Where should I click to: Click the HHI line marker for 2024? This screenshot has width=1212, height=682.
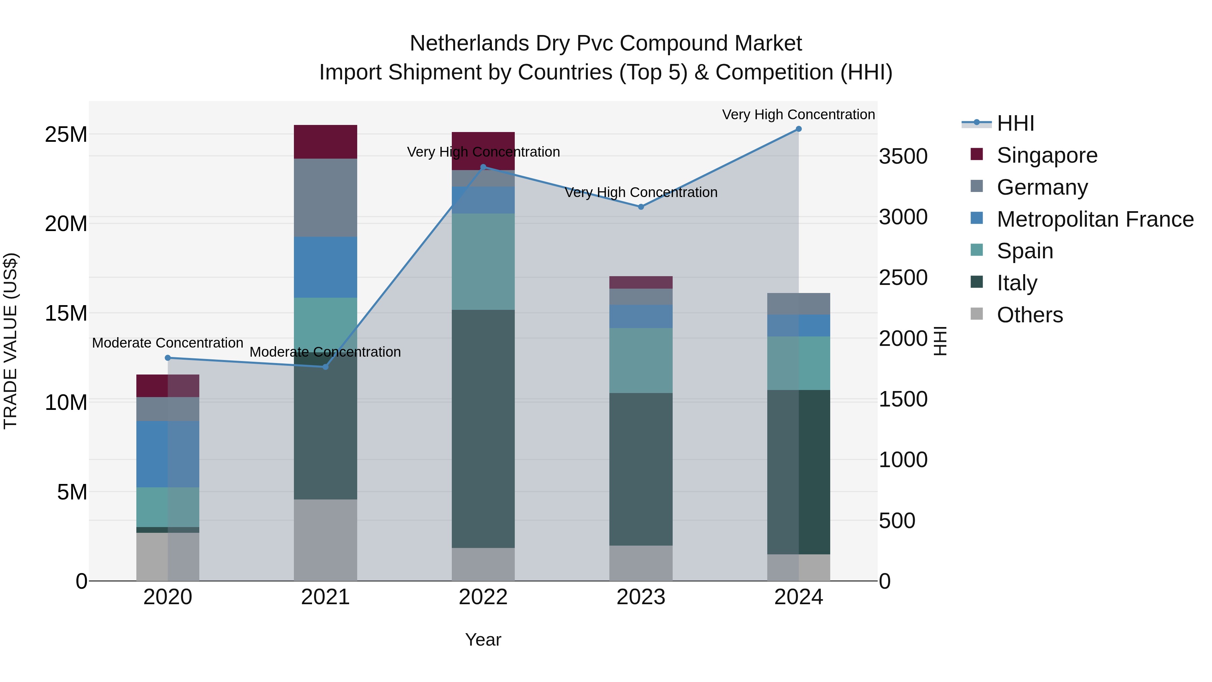tap(799, 129)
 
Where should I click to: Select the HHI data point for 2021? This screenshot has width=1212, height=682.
tap(325, 367)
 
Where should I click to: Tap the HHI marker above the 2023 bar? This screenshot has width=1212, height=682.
tap(641, 207)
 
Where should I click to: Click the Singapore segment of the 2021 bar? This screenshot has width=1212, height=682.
tap(325, 142)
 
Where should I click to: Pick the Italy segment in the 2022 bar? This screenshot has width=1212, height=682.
tap(483, 428)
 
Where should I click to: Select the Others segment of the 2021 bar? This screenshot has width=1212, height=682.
tap(325, 540)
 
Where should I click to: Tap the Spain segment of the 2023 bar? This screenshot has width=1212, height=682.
tap(641, 360)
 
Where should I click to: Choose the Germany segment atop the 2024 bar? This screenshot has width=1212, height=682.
tap(799, 303)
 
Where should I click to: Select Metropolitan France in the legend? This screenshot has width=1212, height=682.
tap(1095, 219)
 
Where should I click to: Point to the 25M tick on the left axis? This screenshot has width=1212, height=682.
tap(66, 135)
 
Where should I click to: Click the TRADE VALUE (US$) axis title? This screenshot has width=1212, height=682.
tap(10, 341)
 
